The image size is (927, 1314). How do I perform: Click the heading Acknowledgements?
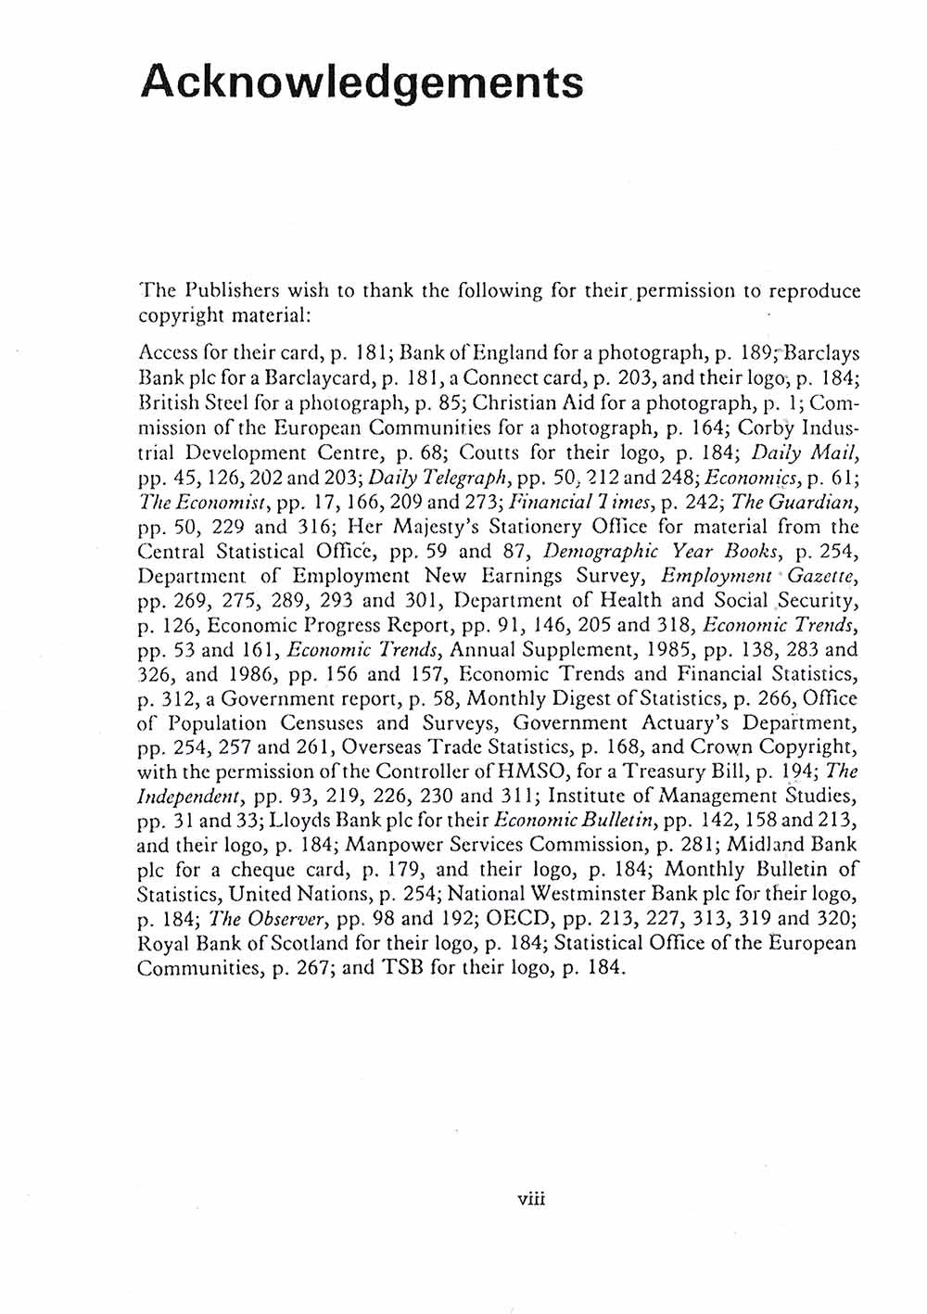362,83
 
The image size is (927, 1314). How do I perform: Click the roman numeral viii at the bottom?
533,1196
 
